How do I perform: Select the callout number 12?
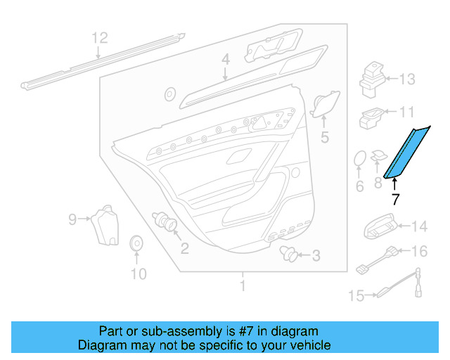[x=99, y=37]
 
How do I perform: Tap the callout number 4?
[x=225, y=61]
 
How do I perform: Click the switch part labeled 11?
[x=370, y=117]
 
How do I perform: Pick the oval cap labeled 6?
[x=359, y=159]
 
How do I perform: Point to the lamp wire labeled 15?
[x=397, y=287]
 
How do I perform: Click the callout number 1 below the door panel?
[x=243, y=286]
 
